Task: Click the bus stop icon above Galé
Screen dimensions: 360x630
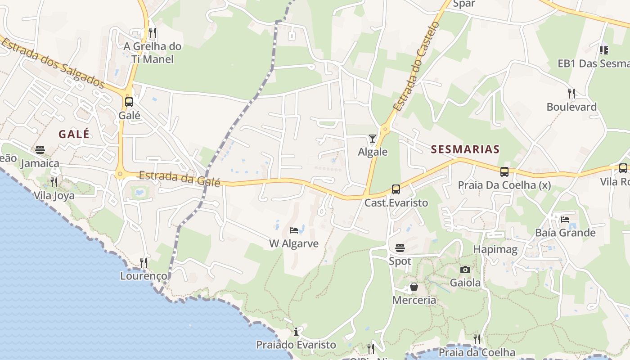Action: (129, 102)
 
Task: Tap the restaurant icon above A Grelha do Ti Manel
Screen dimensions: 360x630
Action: (153, 33)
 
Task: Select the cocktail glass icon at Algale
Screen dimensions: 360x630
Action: (373, 139)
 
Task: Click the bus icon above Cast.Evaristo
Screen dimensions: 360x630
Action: (396, 189)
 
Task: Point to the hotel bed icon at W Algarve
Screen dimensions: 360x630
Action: (294, 230)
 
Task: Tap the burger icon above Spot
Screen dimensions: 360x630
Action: (400, 248)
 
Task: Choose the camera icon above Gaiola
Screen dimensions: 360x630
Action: (465, 270)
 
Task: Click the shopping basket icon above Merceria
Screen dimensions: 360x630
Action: (414, 287)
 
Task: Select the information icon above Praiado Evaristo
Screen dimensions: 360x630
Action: (296, 332)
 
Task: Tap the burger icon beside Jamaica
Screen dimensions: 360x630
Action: (40, 150)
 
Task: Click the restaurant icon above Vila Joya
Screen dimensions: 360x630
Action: (54, 182)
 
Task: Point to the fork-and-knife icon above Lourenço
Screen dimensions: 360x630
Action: (144, 262)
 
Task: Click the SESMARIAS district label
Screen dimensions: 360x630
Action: (465, 149)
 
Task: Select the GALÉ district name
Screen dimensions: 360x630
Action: (74, 134)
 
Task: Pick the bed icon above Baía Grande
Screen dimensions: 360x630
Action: (565, 220)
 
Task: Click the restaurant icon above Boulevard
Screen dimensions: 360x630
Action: (571, 94)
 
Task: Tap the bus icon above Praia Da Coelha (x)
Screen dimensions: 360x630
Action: (504, 171)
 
